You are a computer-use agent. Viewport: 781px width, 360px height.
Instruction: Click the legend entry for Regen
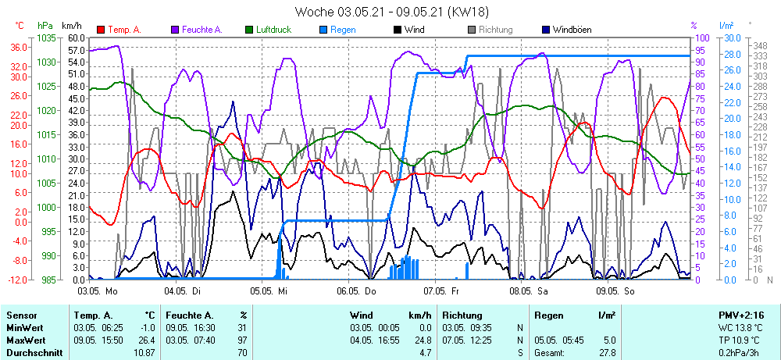[x=342, y=30]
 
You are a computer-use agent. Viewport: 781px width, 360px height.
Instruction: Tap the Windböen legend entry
[x=572, y=30]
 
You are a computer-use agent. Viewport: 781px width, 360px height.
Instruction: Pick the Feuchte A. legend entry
[x=201, y=30]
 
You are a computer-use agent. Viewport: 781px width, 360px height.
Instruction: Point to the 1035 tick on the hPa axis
[x=46, y=37]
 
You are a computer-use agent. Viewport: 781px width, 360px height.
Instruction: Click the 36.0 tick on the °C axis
[x=20, y=47]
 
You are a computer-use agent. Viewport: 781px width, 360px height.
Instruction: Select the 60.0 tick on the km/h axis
[x=76, y=37]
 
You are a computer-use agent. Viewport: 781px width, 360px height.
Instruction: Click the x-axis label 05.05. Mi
[x=270, y=290]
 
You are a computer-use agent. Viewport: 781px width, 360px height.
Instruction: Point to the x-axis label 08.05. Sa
[x=530, y=290]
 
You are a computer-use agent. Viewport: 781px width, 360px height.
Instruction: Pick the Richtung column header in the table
[x=462, y=315]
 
